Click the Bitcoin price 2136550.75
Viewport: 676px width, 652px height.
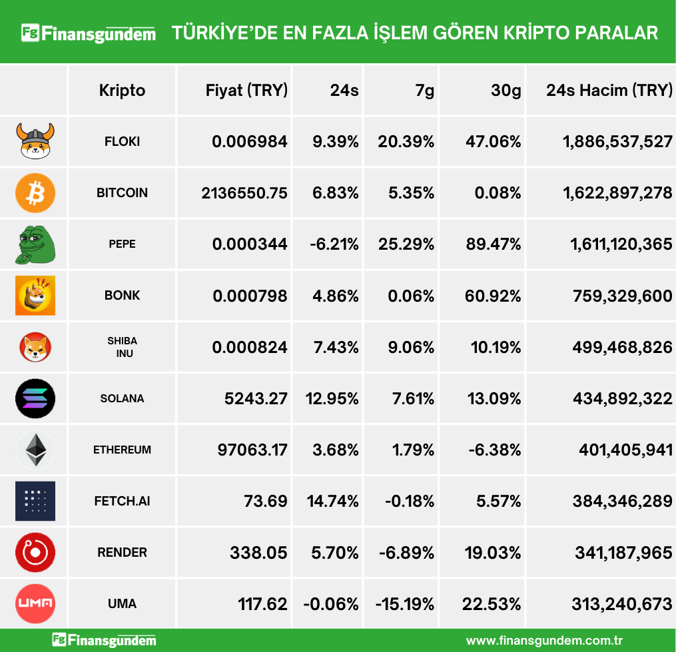coord(244,193)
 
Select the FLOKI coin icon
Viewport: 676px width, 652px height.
coord(35,141)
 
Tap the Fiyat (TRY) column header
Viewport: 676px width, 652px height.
coord(246,91)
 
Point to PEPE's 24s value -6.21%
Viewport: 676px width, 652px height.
coord(334,244)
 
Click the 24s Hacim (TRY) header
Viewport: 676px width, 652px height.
coord(609,91)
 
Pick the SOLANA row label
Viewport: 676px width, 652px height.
coord(122,398)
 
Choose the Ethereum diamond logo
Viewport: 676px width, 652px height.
coord(35,450)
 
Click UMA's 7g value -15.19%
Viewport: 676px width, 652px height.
coord(405,604)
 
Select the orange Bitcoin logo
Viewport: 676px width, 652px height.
coord(35,193)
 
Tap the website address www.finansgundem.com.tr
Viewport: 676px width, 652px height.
coord(544,641)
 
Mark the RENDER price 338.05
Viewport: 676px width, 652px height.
coord(258,553)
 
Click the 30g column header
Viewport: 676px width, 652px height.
coord(506,91)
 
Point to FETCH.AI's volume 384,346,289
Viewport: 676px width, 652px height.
coord(622,501)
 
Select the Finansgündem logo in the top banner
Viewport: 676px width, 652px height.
coord(89,33)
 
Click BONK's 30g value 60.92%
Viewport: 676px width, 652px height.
coord(494,296)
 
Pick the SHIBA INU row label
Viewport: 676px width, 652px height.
coord(123,347)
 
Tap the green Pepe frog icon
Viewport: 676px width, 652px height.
coord(35,244)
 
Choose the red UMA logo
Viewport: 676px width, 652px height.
coord(35,604)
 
